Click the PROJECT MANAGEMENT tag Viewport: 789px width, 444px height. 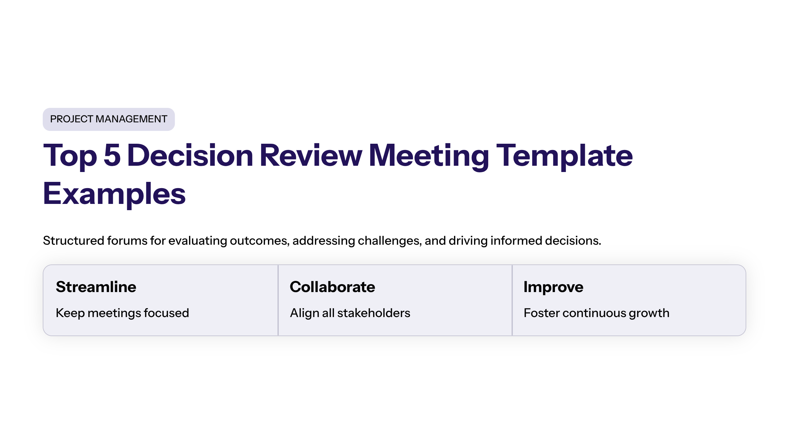click(109, 119)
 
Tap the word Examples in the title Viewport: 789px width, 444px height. click(114, 195)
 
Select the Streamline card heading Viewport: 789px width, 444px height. click(96, 287)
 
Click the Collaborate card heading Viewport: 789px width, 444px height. click(332, 287)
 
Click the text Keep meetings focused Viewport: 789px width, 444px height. click(122, 313)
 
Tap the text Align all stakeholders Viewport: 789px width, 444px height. click(350, 313)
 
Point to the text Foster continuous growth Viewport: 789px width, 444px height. click(596, 313)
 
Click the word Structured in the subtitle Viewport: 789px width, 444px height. click(74, 241)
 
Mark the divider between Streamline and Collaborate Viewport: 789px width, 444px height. click(278, 300)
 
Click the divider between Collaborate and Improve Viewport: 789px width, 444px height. click(512, 300)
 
